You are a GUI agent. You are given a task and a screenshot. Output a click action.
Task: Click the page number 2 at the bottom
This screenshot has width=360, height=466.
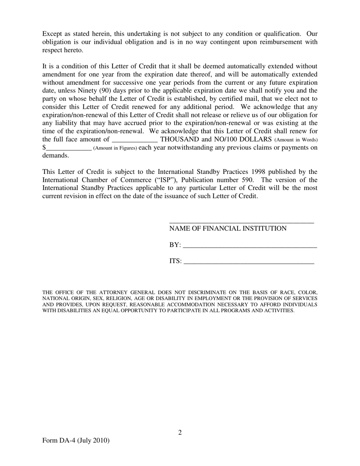pyautogui.click(x=180, y=433)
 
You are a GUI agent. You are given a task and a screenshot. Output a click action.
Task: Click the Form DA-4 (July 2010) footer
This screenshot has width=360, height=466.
pyautogui.click(x=76, y=440)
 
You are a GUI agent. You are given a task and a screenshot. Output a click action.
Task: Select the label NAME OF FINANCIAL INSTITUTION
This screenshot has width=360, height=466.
pyautogui.click(x=228, y=228)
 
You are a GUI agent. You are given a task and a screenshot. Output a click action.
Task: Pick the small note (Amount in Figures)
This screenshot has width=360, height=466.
pyautogui.click(x=115, y=148)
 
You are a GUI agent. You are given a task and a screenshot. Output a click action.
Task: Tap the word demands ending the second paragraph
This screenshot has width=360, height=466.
pyautogui.click(x=55, y=155)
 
